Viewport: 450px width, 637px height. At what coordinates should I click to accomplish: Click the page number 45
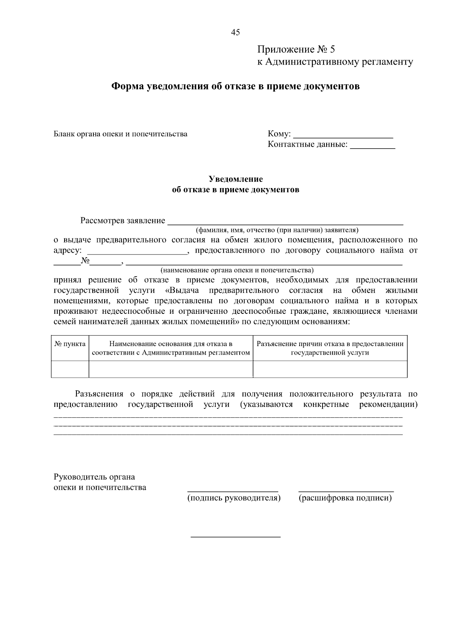[235, 32]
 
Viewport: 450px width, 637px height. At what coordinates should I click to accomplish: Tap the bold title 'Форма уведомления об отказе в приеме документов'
[235, 87]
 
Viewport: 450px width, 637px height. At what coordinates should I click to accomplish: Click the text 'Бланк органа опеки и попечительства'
[120, 134]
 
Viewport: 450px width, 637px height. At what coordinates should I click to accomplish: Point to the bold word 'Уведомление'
[235, 179]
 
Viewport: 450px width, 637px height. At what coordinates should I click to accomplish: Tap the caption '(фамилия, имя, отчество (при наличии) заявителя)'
[277, 230]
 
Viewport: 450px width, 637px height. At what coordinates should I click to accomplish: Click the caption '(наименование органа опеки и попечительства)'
[237, 270]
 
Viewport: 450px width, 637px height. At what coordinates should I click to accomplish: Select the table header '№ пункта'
[70, 344]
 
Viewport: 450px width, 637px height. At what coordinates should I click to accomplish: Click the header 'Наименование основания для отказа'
[171, 348]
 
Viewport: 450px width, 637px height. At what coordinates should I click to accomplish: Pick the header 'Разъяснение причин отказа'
[330, 348]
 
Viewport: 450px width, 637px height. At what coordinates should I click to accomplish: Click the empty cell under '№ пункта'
[70, 369]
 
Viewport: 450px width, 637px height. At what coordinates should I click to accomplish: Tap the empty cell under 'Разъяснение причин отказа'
[330, 369]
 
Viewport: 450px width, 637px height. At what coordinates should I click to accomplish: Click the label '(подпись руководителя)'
[234, 498]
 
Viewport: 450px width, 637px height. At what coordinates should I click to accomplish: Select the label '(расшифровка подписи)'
[345, 498]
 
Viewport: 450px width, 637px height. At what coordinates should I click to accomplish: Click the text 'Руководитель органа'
[94, 477]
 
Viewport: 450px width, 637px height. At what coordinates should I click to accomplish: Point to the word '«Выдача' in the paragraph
[181, 291]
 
